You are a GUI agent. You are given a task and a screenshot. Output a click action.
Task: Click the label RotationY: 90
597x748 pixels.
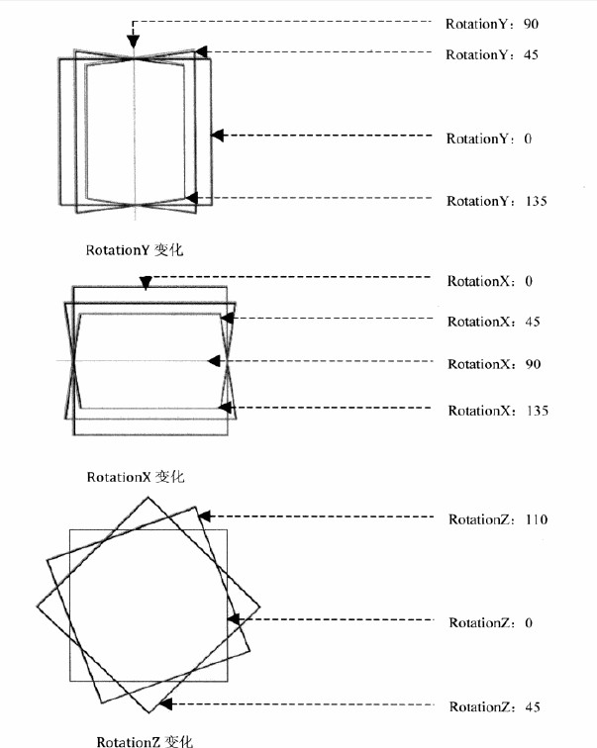tap(492, 24)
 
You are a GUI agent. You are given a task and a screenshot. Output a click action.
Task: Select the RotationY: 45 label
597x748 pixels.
tap(492, 54)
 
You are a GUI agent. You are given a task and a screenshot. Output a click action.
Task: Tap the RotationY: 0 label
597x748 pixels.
tap(489, 139)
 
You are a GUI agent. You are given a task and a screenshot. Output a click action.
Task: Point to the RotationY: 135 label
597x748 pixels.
tap(497, 201)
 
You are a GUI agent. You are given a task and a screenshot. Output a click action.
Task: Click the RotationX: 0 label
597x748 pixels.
tap(490, 281)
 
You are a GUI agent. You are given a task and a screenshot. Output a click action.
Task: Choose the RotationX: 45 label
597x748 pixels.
tap(494, 322)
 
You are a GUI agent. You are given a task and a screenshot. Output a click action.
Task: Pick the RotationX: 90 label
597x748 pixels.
tap(494, 364)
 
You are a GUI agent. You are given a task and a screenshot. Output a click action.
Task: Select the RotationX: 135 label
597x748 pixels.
tap(498, 411)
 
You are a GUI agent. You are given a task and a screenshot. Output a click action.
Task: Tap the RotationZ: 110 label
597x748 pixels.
tap(498, 519)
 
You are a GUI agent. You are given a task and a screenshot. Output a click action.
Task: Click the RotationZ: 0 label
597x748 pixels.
tap(491, 622)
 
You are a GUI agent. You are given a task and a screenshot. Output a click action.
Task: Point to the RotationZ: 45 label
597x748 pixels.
tap(495, 706)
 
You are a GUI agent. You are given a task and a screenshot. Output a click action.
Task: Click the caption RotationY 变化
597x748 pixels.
tap(135, 250)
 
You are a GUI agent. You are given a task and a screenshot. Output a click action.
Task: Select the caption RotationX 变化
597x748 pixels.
tap(136, 477)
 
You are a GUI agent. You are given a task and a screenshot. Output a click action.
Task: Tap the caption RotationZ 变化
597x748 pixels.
tap(146, 741)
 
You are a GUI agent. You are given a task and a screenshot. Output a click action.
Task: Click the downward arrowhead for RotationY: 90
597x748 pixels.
tap(133, 42)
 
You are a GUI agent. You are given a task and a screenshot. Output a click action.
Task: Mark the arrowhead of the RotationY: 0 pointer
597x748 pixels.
tap(217, 136)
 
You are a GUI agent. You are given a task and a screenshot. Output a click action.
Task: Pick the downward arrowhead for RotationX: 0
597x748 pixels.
tap(146, 283)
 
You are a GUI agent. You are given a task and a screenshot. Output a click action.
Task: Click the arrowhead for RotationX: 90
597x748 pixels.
tap(214, 361)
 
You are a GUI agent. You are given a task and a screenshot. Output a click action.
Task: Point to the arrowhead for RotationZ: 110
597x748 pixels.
tap(204, 516)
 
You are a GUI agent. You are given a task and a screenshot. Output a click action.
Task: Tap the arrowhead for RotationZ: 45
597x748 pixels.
tap(165, 704)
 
